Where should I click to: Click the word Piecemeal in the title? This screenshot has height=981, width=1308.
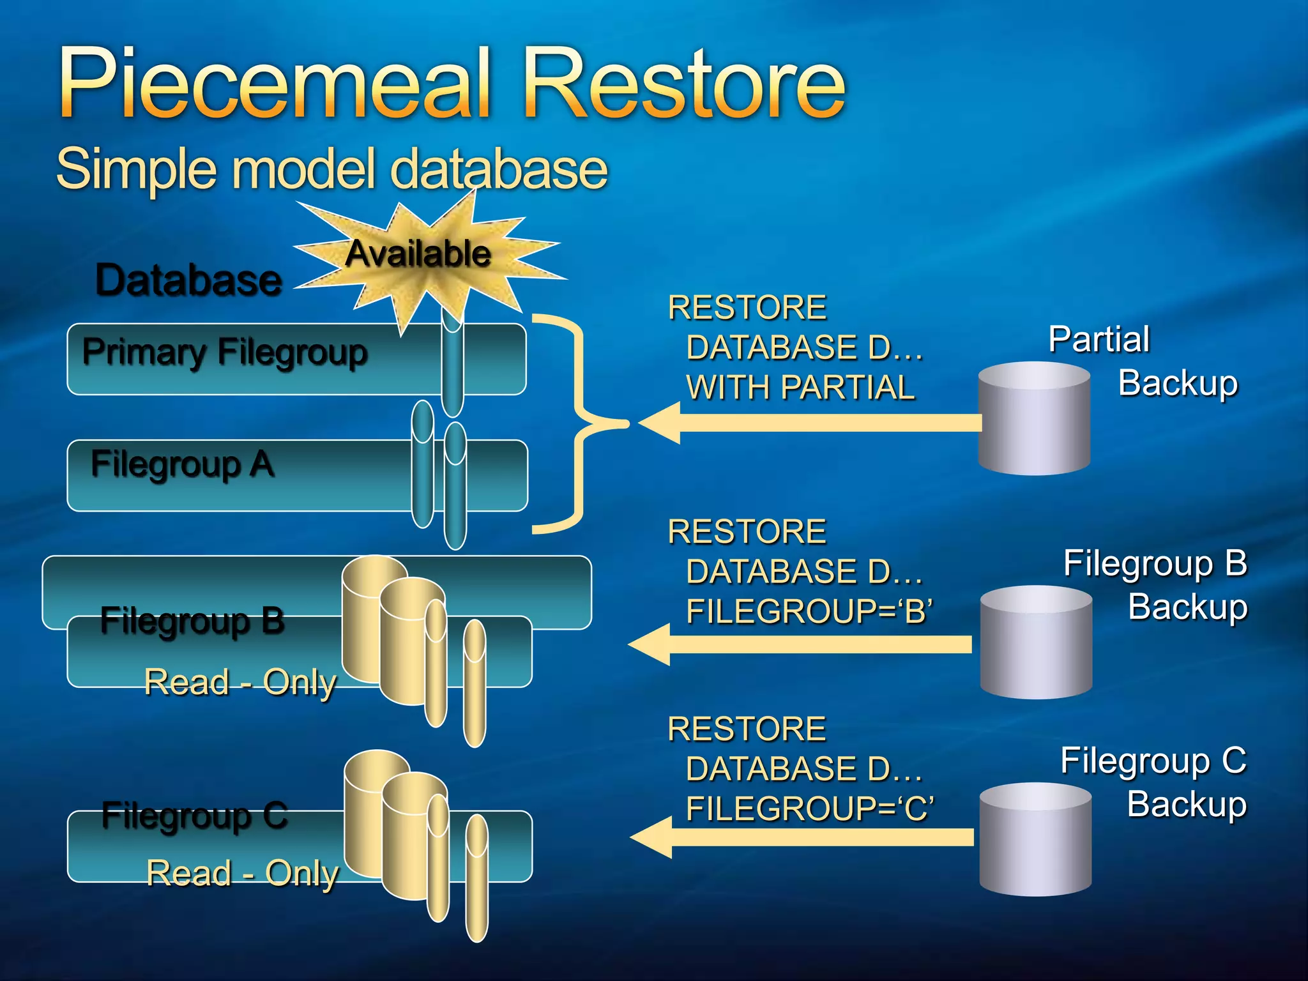click(275, 83)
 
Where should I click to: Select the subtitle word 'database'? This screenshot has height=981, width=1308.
click(498, 169)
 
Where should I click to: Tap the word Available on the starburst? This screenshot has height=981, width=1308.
click(418, 254)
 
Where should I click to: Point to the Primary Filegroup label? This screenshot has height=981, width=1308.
click(225, 352)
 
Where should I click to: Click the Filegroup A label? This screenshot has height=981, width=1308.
click(183, 464)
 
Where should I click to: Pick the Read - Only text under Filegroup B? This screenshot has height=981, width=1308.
click(240, 682)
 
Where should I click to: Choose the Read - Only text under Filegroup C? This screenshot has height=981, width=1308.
click(243, 873)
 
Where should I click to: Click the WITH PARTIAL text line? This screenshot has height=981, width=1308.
click(800, 388)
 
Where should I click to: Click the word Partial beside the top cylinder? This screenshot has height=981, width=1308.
click(1099, 339)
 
